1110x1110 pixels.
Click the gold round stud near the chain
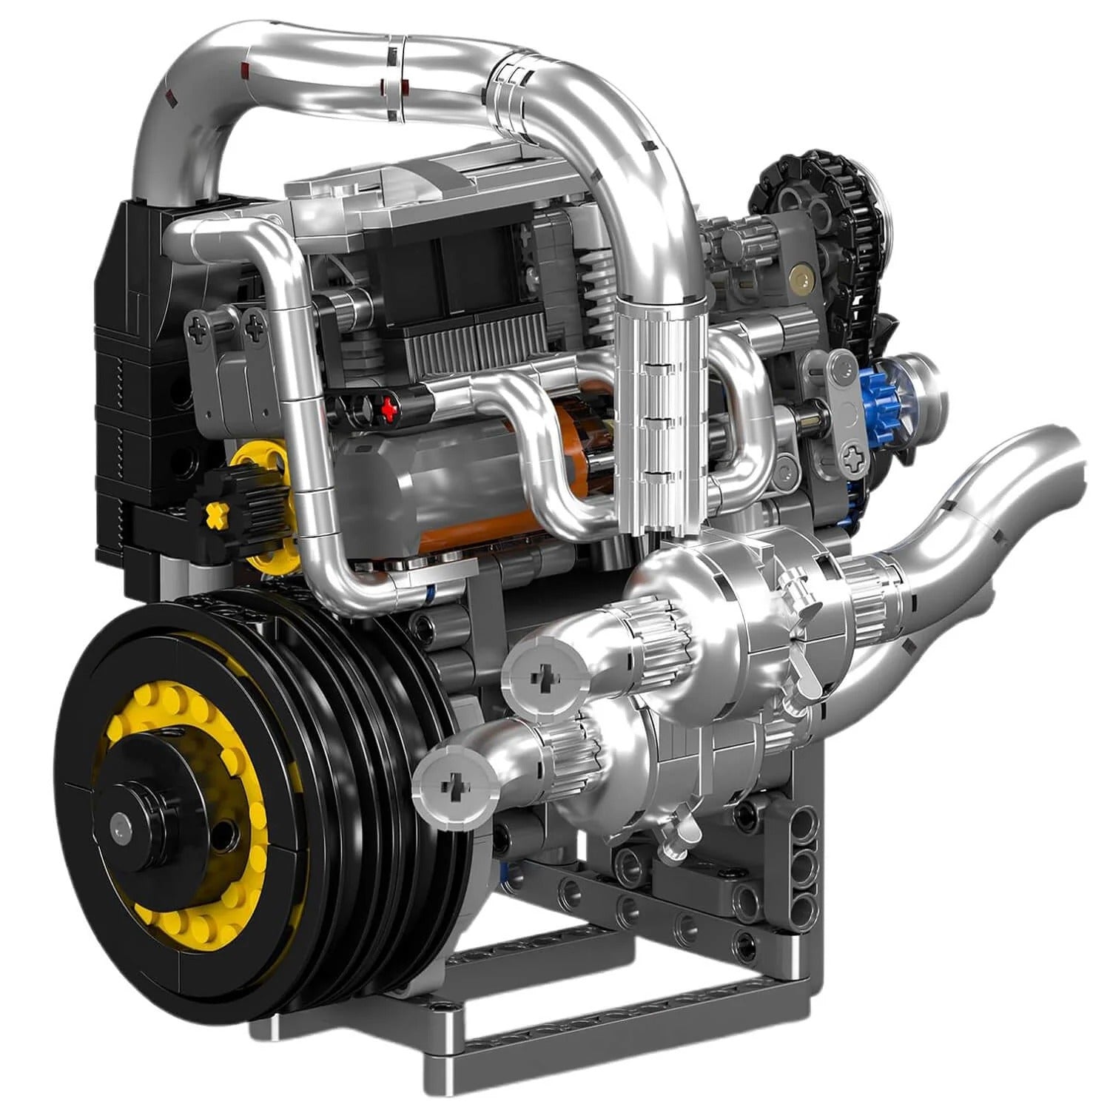point(799,280)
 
